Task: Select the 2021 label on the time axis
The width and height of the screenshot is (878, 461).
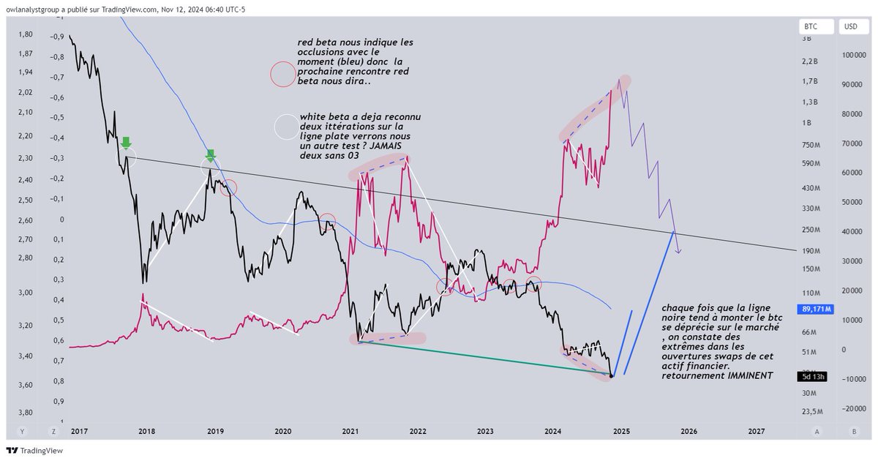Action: point(350,432)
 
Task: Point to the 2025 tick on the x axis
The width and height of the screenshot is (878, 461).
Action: point(621,432)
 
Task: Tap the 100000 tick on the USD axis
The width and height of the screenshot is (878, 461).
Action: point(854,56)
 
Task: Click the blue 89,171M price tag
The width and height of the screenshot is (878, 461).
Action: point(815,310)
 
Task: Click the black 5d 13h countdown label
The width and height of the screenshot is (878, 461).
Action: point(813,377)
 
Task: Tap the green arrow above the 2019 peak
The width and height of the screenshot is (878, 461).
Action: point(211,155)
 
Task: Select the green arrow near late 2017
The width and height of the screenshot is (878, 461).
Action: point(126,143)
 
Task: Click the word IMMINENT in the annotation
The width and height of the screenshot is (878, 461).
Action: point(750,375)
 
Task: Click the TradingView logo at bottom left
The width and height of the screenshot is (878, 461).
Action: point(34,451)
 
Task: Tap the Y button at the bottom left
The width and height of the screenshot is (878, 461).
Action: point(22,432)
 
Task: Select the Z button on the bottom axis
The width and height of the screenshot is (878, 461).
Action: point(53,432)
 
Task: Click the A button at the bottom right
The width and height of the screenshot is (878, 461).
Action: point(817,432)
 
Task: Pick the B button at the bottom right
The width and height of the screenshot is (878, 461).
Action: point(854,432)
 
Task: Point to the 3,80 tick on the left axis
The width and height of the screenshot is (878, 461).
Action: point(26,413)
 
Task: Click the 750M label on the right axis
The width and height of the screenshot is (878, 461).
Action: point(811,145)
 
